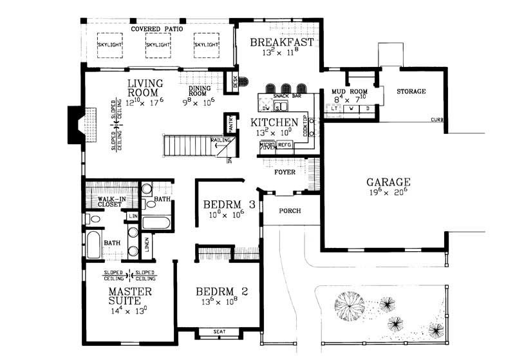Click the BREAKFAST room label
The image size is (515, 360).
pyautogui.click(x=281, y=43)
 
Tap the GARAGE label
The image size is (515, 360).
pyautogui.click(x=388, y=182)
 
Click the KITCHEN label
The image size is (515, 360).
pyautogui.click(x=274, y=122)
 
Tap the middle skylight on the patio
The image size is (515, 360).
pyautogui.click(x=158, y=45)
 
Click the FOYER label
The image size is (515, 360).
pyautogui.click(x=284, y=173)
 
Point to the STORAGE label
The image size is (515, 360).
pyautogui.click(x=411, y=91)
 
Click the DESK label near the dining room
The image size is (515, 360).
pyautogui.click(x=235, y=81)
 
